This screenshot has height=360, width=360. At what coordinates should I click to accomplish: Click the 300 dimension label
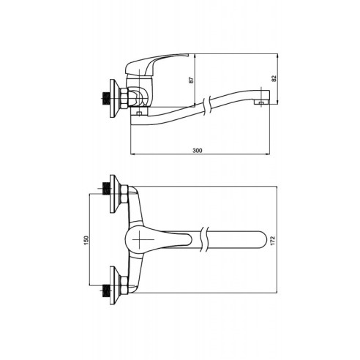point(198,151)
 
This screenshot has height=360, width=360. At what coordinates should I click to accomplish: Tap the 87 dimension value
point(191,80)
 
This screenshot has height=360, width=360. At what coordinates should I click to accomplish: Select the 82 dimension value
point(274,78)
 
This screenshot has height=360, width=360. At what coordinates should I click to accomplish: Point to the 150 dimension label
point(86,241)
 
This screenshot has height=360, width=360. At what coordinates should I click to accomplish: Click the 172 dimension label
point(273,241)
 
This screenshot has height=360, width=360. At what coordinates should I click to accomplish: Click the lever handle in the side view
point(156,63)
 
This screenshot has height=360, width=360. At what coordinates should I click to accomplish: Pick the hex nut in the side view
point(124,98)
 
